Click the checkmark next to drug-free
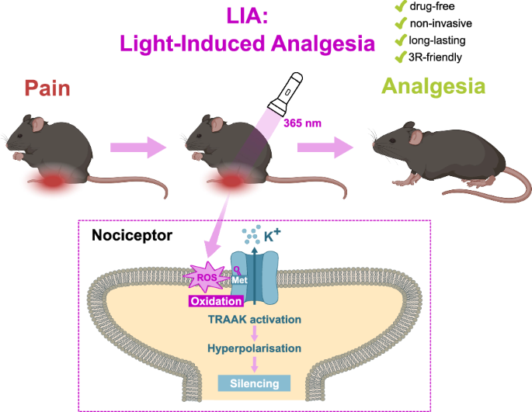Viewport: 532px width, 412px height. pyautogui.click(x=401, y=7)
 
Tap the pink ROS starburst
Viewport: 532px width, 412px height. pyautogui.click(x=205, y=275)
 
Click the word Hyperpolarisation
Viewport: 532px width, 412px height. pyautogui.click(x=255, y=348)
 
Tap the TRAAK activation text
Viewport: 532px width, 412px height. pyautogui.click(x=255, y=319)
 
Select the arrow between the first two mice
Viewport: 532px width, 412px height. pyautogui.click(x=137, y=146)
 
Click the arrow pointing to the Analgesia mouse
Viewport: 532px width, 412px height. pyautogui.click(x=330, y=145)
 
